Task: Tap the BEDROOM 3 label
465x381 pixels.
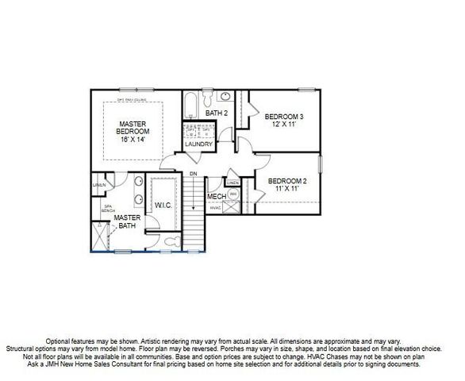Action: coord(284,116)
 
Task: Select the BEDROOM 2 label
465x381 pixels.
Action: coord(287,180)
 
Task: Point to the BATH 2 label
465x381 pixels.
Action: coord(217,114)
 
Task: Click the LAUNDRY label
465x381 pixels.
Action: coord(198,144)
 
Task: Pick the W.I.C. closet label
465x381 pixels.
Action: coord(164,205)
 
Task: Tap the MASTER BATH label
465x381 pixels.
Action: coord(126,221)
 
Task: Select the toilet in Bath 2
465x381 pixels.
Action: coord(206,98)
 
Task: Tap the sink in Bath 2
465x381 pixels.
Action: coord(225,98)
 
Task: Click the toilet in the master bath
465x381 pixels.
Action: coord(173,241)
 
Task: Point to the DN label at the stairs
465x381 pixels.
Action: coord(193,174)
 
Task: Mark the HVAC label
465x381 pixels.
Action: coord(215,208)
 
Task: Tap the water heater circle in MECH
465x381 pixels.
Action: coord(233,194)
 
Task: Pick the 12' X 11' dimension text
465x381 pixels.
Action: coord(284,125)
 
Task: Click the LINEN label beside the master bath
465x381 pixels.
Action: coord(99,186)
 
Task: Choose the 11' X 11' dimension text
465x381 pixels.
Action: coord(287,189)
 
